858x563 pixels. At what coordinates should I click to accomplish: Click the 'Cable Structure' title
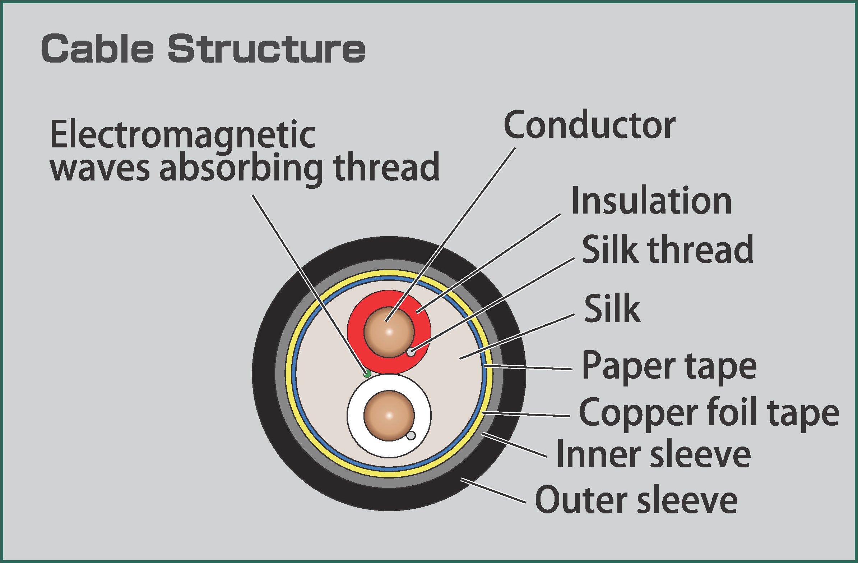(203, 49)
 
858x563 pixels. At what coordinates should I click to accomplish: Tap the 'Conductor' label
(589, 125)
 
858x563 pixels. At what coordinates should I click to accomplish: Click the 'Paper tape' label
(669, 366)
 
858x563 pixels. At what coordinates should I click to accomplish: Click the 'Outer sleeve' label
(636, 500)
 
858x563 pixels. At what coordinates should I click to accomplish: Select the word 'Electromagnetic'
(183, 135)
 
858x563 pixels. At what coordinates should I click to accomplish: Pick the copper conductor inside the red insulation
(389, 332)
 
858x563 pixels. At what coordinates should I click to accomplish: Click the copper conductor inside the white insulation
(389, 415)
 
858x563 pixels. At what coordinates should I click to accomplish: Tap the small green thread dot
(367, 374)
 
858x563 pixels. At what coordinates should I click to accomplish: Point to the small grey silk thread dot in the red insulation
(411, 352)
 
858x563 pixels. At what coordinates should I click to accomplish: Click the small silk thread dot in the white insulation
(411, 436)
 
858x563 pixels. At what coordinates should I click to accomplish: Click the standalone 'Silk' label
(612, 308)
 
